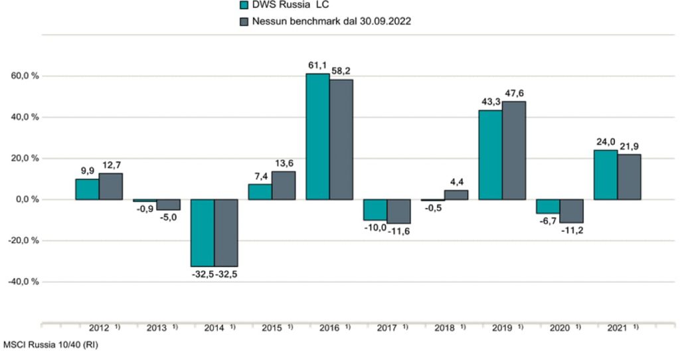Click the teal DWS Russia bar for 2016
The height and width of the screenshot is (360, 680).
(317, 136)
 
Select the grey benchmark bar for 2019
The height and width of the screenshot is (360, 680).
(513, 150)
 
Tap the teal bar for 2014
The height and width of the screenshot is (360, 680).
(203, 232)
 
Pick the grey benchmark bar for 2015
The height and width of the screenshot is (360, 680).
(284, 185)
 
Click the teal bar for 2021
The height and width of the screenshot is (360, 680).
(606, 175)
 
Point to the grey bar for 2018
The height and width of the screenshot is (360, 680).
(456, 195)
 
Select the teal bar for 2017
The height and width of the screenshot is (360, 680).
(375, 210)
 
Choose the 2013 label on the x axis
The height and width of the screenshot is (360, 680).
(157, 328)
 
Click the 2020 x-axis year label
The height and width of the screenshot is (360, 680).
(559, 328)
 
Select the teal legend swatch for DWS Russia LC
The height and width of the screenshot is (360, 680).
(243, 5)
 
